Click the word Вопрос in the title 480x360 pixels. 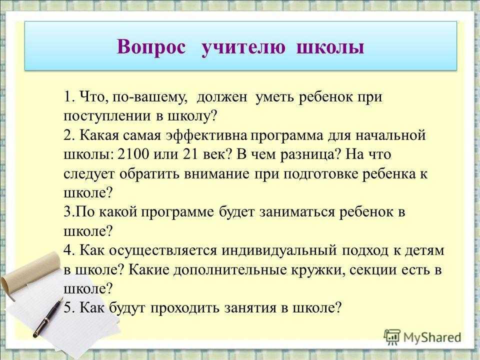pos(151,48)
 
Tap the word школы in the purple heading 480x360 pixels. pos(330,48)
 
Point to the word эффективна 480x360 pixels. pos(206,135)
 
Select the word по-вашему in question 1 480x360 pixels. pos(149,97)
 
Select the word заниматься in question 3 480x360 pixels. pos(297,212)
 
